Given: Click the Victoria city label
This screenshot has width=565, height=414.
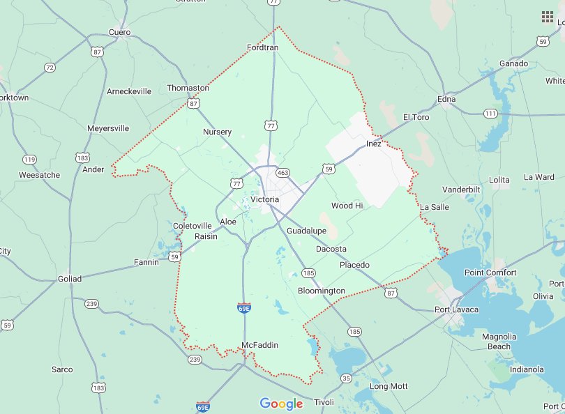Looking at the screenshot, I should click(x=264, y=200).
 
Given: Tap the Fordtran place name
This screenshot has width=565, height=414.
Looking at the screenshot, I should click(x=263, y=47).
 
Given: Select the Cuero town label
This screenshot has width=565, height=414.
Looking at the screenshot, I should click(x=119, y=32).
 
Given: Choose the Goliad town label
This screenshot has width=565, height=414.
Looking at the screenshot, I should click(x=69, y=279).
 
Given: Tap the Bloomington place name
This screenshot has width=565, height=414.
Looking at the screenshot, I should click(x=321, y=291).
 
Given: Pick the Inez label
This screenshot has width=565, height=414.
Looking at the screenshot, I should click(x=374, y=144).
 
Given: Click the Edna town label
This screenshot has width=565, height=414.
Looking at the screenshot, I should click(x=446, y=99).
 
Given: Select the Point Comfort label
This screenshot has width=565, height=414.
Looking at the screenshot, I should click(x=490, y=273).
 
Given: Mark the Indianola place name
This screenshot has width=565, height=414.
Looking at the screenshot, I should click(x=527, y=369).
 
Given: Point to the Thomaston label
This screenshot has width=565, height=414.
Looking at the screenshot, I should click(x=188, y=88).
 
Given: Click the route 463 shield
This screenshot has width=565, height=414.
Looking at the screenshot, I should click(x=282, y=171).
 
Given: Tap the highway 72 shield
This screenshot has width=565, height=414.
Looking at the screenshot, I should click(x=50, y=68).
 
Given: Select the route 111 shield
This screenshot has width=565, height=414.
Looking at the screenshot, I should click(x=491, y=114).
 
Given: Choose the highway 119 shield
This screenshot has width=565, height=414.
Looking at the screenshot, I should click(x=29, y=160).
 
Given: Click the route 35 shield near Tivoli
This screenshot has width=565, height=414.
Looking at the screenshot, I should click(x=347, y=378).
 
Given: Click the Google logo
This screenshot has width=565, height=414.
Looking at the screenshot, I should click(x=281, y=404).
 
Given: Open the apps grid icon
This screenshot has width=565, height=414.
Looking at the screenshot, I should click(x=548, y=17).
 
